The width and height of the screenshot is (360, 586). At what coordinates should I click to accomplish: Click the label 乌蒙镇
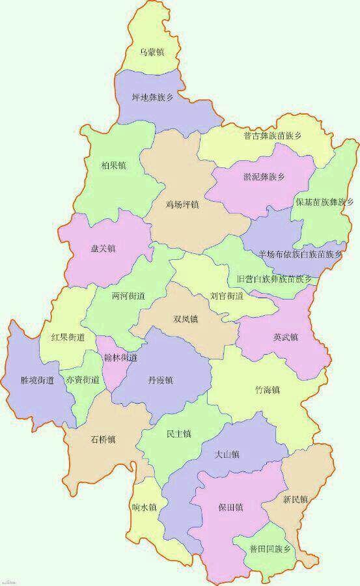coord(152,51)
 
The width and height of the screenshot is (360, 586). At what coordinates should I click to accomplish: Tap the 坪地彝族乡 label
coord(152,98)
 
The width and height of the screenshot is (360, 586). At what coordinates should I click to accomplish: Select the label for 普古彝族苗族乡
coord(273,136)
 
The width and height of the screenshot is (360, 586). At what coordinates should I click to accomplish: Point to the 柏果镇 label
coord(114,165)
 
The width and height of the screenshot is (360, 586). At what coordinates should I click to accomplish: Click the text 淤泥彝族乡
coord(264,176)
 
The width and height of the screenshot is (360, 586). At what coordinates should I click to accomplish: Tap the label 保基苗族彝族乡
coord(324,202)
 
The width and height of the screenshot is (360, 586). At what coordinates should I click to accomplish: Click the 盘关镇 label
coord(103,248)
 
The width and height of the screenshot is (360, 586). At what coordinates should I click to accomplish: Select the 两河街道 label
coord(128,296)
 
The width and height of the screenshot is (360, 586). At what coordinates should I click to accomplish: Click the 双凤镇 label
coord(186,319)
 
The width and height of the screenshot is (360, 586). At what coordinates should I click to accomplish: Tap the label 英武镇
coord(286,337)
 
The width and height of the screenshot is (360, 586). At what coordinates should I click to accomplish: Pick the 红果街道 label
coord(68,337)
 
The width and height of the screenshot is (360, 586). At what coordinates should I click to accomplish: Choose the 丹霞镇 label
coord(160,380)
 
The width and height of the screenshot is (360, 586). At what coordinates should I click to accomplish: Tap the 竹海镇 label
coord(267,390)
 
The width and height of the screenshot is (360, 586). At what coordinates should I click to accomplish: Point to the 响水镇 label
coord(143,507)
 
